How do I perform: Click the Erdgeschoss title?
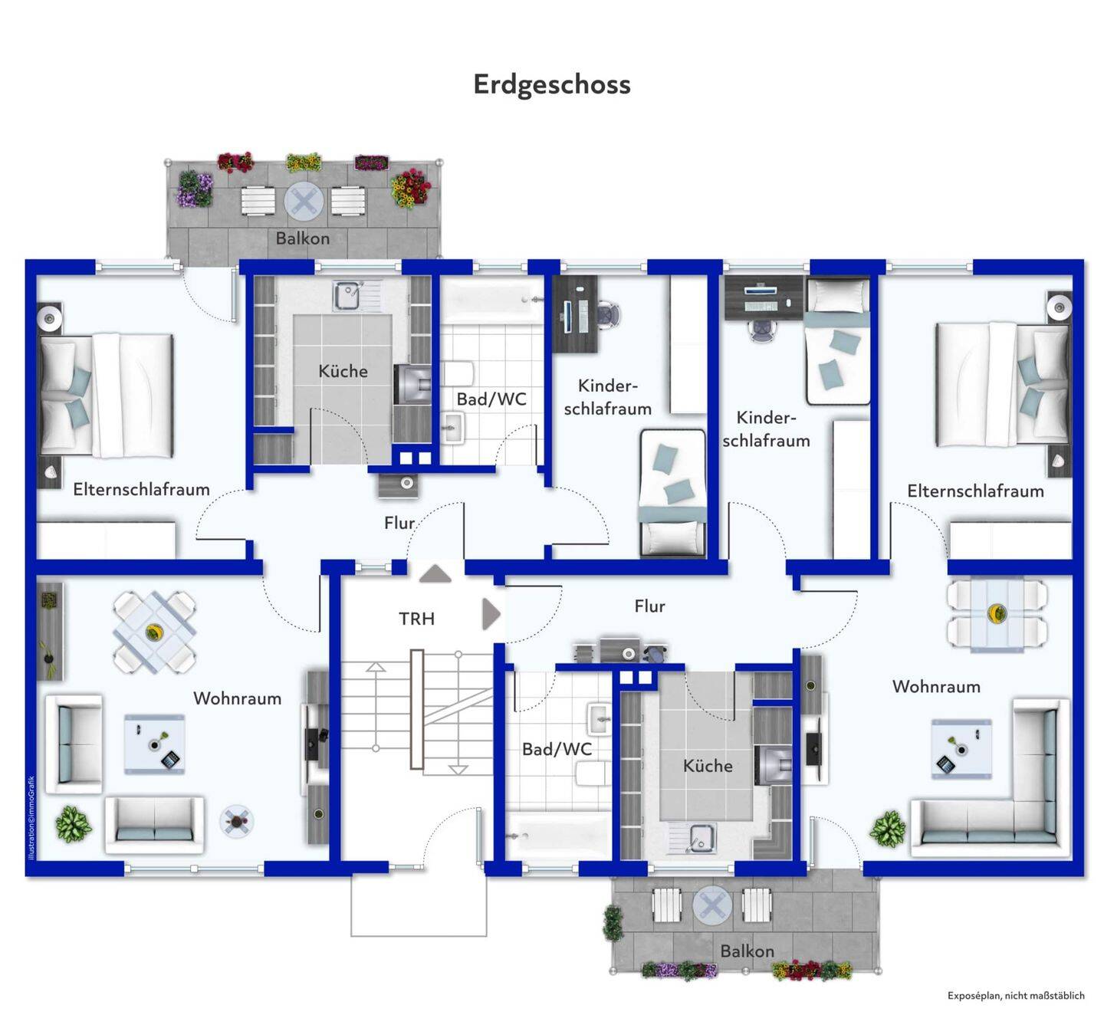pyautogui.click(x=551, y=85)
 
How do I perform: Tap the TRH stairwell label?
pyautogui.click(x=416, y=618)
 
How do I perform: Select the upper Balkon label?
pyautogui.click(x=302, y=238)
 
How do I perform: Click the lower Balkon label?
pyautogui.click(x=747, y=951)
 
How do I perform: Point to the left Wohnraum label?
pyautogui.click(x=238, y=698)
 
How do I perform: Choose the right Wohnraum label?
pyautogui.click(x=936, y=687)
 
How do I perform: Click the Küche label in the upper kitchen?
pyautogui.click(x=343, y=371)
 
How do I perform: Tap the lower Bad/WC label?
pyautogui.click(x=557, y=749)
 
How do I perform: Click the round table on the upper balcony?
pyautogui.click(x=303, y=201)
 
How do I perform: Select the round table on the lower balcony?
pyautogui.click(x=713, y=905)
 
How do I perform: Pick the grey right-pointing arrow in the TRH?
pyautogui.click(x=491, y=614)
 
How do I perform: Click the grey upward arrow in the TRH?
pyautogui.click(x=435, y=573)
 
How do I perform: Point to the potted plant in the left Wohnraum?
pyautogui.click(x=74, y=823)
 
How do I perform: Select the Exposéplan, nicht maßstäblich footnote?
pyautogui.click(x=1016, y=995)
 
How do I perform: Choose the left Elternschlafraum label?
pyautogui.click(x=141, y=489)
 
